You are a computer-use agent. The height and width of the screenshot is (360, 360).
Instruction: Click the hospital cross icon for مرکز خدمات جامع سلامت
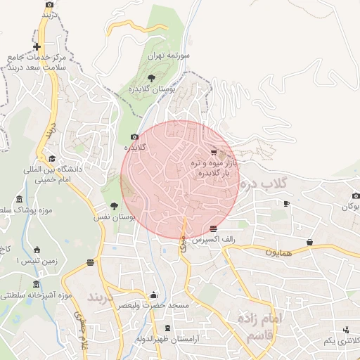point(37,47)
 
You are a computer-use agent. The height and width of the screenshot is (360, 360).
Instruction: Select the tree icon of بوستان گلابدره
point(151,77)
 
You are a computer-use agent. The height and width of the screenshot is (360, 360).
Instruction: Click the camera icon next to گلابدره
point(134,137)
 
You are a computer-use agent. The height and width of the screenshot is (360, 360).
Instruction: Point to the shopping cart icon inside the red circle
point(214,150)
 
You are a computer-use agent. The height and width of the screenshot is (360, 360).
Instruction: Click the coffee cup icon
point(286,203)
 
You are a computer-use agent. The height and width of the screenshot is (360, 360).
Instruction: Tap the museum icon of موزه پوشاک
point(19,200)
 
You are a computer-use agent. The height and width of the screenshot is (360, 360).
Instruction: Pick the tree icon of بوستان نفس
point(114,206)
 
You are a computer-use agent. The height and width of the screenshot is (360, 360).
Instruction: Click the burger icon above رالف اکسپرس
point(213,229)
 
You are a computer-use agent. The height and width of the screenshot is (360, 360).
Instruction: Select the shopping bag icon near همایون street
point(309,243)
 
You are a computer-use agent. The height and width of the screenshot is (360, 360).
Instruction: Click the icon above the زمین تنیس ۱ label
point(37,250)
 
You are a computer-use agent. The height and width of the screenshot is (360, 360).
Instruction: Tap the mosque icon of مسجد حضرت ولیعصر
point(153,295)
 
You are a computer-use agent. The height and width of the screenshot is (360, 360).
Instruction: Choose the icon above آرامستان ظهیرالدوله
point(167,328)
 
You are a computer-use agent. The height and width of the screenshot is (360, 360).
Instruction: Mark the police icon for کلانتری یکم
point(346,330)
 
